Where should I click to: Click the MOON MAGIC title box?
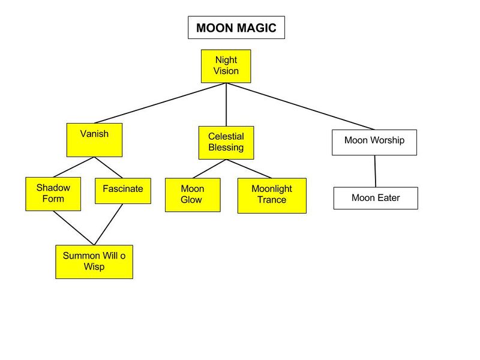click(236, 28)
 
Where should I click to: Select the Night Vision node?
click(226, 66)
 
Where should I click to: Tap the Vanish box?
click(94, 139)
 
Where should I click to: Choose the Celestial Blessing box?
click(226, 142)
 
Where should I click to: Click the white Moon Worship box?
click(374, 141)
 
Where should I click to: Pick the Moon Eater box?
click(375, 198)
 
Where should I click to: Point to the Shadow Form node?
click(53, 194)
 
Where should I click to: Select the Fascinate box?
click(122, 190)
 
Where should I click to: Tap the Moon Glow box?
click(193, 194)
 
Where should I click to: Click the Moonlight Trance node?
click(272, 195)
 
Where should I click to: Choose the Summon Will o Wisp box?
click(94, 262)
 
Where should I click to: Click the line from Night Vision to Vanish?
click(160, 103)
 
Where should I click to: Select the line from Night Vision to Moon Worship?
click(300, 106)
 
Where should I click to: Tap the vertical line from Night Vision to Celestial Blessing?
click(226, 104)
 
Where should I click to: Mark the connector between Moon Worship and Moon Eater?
click(376, 172)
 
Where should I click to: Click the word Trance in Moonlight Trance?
click(272, 200)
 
